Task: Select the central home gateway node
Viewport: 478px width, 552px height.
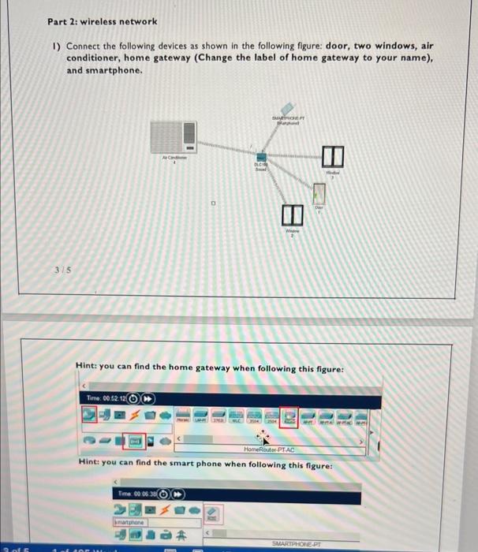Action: [x=263, y=156]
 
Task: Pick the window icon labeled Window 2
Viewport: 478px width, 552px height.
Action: [x=291, y=213]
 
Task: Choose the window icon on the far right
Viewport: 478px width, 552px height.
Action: [x=331, y=156]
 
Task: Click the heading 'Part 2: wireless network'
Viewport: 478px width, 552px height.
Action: [x=102, y=21]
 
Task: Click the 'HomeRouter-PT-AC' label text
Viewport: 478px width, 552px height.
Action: [x=268, y=449]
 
